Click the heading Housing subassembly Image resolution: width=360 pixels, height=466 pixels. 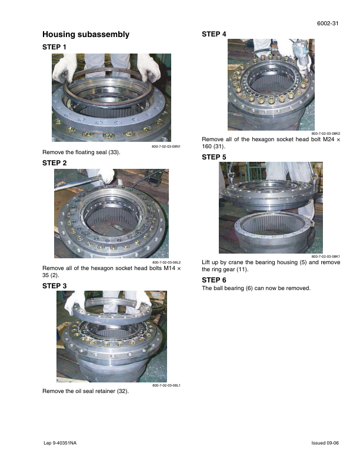pyautogui.click(x=86, y=35)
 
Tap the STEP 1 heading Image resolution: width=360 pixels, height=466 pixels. pyautogui.click(x=54, y=47)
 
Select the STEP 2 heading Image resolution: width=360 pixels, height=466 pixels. pyautogui.click(x=54, y=163)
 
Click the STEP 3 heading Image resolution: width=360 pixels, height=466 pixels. pyautogui.click(x=54, y=286)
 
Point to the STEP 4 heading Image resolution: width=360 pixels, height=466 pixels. pyautogui.click(x=214, y=34)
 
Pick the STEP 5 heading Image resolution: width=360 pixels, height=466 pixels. pyautogui.click(x=214, y=157)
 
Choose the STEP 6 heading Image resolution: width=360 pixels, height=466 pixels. pyautogui.click(x=214, y=280)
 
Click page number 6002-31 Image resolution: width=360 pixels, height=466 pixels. pyautogui.click(x=328, y=24)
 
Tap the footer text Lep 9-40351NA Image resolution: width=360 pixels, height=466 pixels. pyautogui.click(x=60, y=443)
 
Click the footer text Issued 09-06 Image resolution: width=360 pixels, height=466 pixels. pyautogui.click(x=325, y=443)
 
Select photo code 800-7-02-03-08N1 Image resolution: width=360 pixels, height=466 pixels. pyautogui.click(x=166, y=147)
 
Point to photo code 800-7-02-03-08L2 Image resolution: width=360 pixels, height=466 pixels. pyautogui.click(x=166, y=262)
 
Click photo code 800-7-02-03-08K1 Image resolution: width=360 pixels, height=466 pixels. pyautogui.click(x=326, y=257)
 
